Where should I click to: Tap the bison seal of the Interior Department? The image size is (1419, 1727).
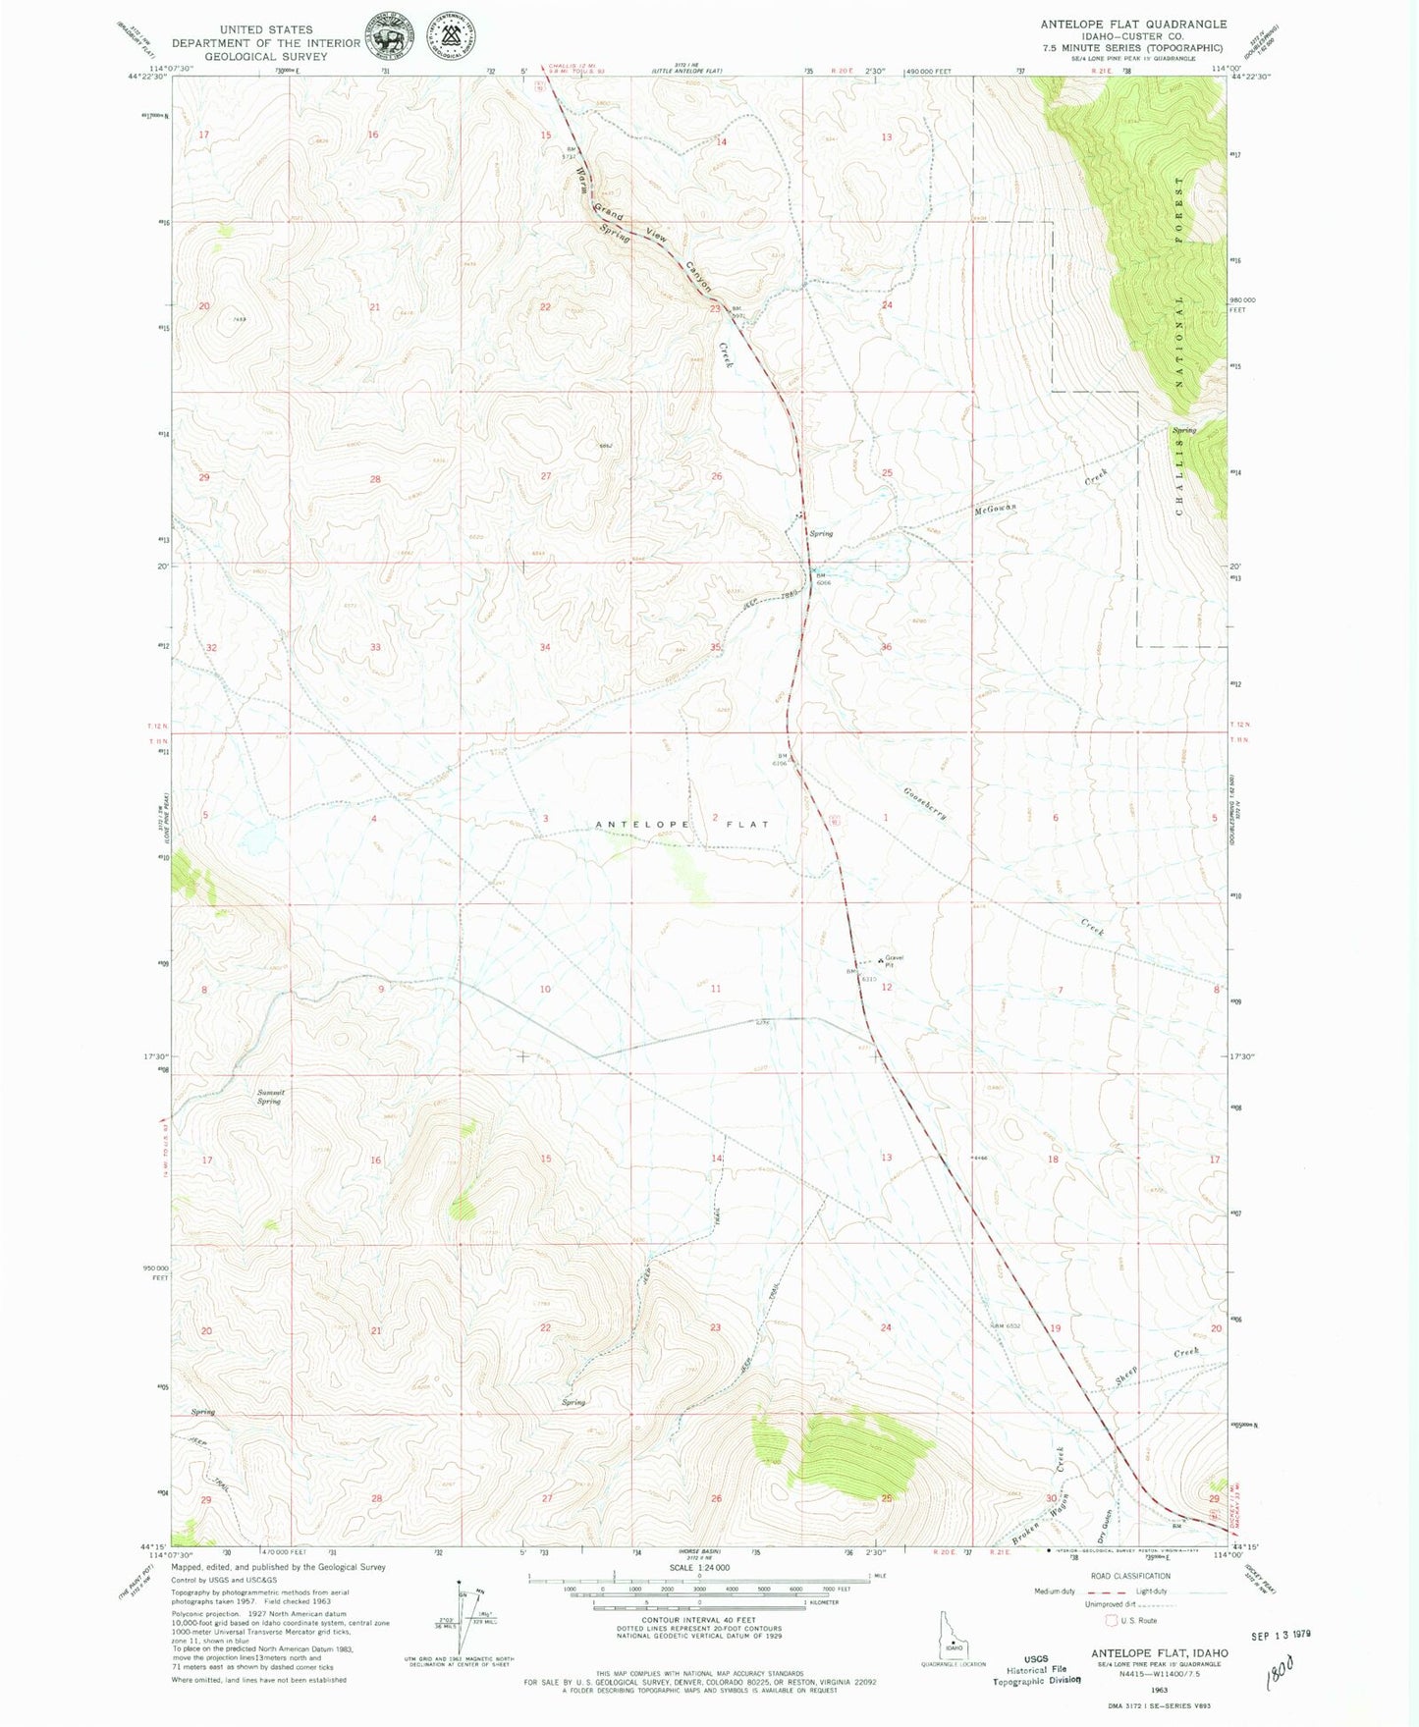click(390, 37)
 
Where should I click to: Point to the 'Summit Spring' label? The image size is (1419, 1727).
click(269, 1097)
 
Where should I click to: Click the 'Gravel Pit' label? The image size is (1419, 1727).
click(894, 960)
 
